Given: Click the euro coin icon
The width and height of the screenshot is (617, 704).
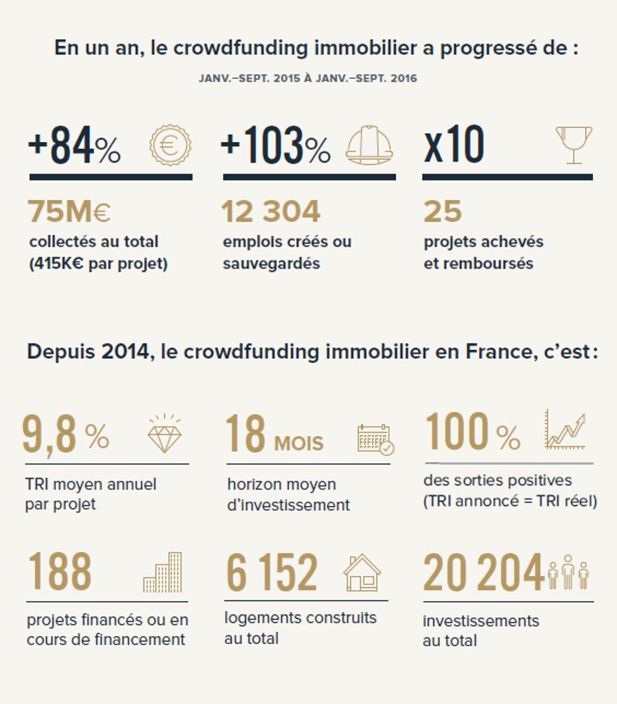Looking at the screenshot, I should pos(170,147).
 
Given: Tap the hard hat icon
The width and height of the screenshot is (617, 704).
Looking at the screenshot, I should pos(369,147).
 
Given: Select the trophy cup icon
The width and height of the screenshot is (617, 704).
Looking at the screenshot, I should pos(573,144).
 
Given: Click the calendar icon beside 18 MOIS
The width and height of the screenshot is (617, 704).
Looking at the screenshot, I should pos(375,439).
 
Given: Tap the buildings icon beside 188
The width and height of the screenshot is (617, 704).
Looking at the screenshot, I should pos(162,573).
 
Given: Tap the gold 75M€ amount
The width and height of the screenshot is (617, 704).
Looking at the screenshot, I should pos(69,211).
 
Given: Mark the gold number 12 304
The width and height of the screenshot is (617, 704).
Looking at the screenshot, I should pos(271,211).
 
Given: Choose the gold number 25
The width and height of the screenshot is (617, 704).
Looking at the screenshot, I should pos(442,211).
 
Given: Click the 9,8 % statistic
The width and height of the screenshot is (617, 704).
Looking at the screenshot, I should pos(65,435).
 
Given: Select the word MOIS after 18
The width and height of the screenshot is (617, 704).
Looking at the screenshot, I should pos(299,443).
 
